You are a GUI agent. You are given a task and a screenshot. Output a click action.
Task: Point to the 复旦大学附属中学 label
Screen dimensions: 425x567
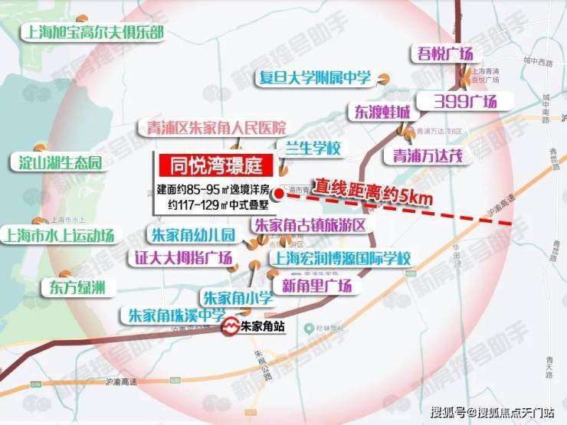click(x=315, y=78)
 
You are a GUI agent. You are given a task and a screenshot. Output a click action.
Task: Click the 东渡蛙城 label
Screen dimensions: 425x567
click(x=381, y=112)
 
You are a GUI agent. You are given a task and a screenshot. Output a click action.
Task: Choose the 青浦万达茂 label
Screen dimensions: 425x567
click(x=428, y=155)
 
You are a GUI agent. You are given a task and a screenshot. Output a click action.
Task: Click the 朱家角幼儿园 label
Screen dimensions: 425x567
click(x=190, y=235)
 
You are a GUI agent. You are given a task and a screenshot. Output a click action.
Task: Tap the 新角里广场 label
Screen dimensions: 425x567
click(x=316, y=286)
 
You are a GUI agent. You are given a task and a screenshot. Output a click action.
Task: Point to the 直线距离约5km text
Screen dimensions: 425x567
click(x=372, y=191)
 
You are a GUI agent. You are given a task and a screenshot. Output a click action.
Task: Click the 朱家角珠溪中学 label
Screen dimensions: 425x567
click(x=176, y=315)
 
